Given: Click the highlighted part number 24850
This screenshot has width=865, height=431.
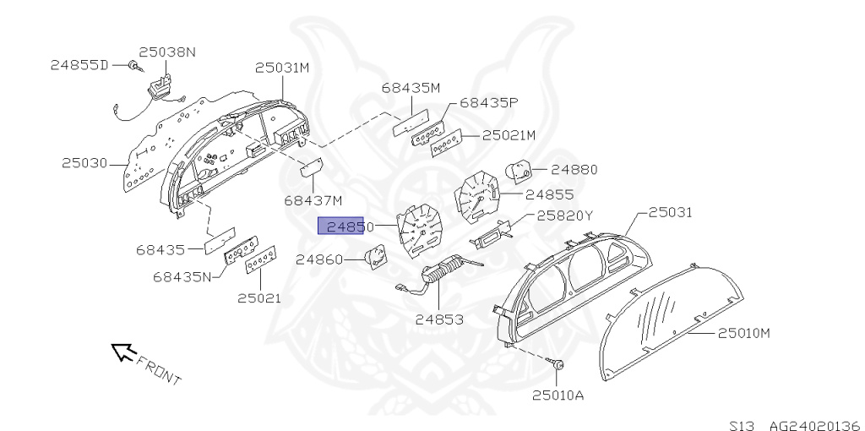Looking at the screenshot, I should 340,226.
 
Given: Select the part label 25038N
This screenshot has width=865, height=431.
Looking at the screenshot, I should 166,52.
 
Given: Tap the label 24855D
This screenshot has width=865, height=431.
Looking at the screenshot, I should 79,65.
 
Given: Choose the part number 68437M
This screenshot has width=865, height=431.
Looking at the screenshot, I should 313,200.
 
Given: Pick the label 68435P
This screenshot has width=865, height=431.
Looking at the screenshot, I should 488,103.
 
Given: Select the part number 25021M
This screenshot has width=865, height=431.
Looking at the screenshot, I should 509,135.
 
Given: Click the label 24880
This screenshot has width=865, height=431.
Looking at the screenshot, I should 574,169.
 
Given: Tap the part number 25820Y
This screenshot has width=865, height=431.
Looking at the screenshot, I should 564,215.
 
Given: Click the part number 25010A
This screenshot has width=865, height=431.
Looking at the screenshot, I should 558,394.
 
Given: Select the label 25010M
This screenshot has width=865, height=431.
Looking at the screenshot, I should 744,333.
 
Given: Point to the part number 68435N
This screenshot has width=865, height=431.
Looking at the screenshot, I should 184,276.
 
